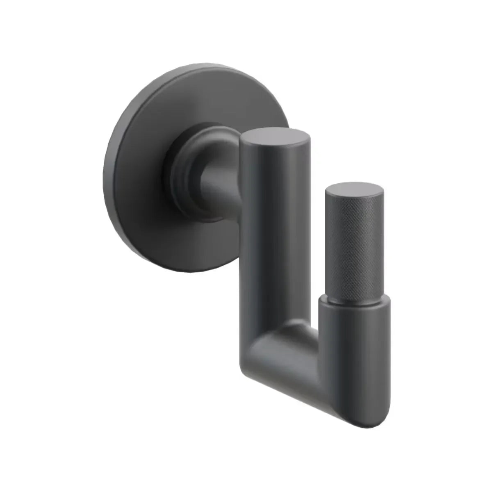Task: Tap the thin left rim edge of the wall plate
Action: click(107, 172)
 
